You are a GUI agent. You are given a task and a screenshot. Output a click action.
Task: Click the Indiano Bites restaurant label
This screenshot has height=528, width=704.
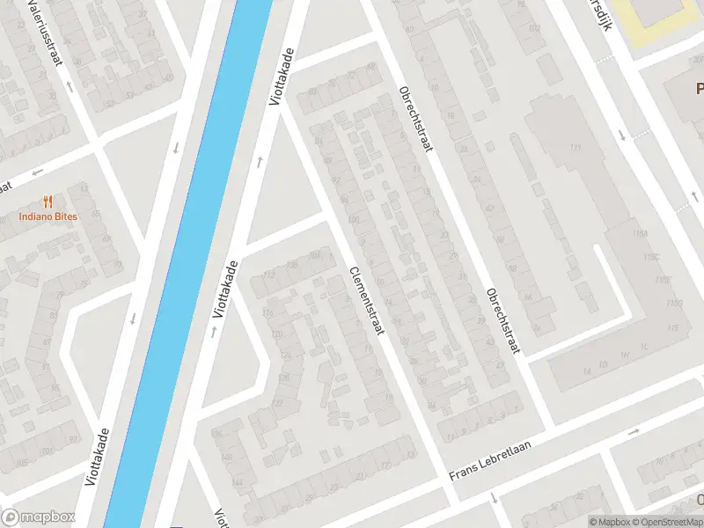click(49, 216)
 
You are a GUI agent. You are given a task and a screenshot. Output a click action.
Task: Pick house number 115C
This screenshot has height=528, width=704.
click(652, 257)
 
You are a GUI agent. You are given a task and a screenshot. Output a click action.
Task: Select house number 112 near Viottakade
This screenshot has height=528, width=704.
click(257, 275)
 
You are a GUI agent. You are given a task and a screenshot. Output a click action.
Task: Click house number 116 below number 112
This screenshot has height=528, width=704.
click(268, 312)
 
